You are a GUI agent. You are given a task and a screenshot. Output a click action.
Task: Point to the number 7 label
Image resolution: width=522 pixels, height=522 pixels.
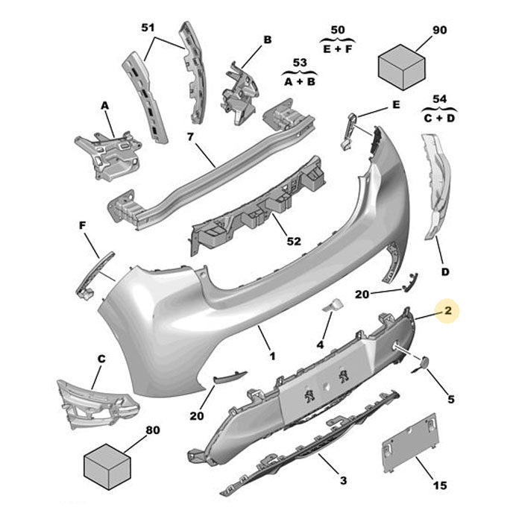[189, 137]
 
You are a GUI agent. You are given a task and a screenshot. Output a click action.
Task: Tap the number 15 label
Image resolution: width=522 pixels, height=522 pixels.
[439, 486]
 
